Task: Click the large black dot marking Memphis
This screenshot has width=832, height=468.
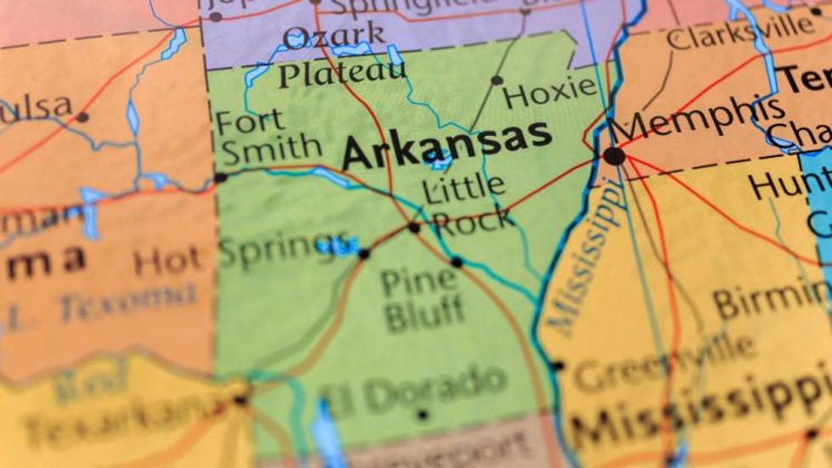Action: (614, 156)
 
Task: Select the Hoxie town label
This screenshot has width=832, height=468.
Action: (551, 91)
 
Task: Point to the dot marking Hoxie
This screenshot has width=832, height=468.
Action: (497, 81)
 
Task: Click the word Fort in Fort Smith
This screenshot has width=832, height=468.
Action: (250, 121)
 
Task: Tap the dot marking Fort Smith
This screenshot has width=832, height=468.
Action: (221, 178)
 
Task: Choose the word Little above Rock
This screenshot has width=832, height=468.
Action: (464, 189)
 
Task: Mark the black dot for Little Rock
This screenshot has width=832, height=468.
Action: (414, 228)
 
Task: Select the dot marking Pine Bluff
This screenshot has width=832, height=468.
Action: (457, 262)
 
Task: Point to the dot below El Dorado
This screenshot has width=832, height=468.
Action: (423, 415)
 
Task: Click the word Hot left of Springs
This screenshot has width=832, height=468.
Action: (167, 262)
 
